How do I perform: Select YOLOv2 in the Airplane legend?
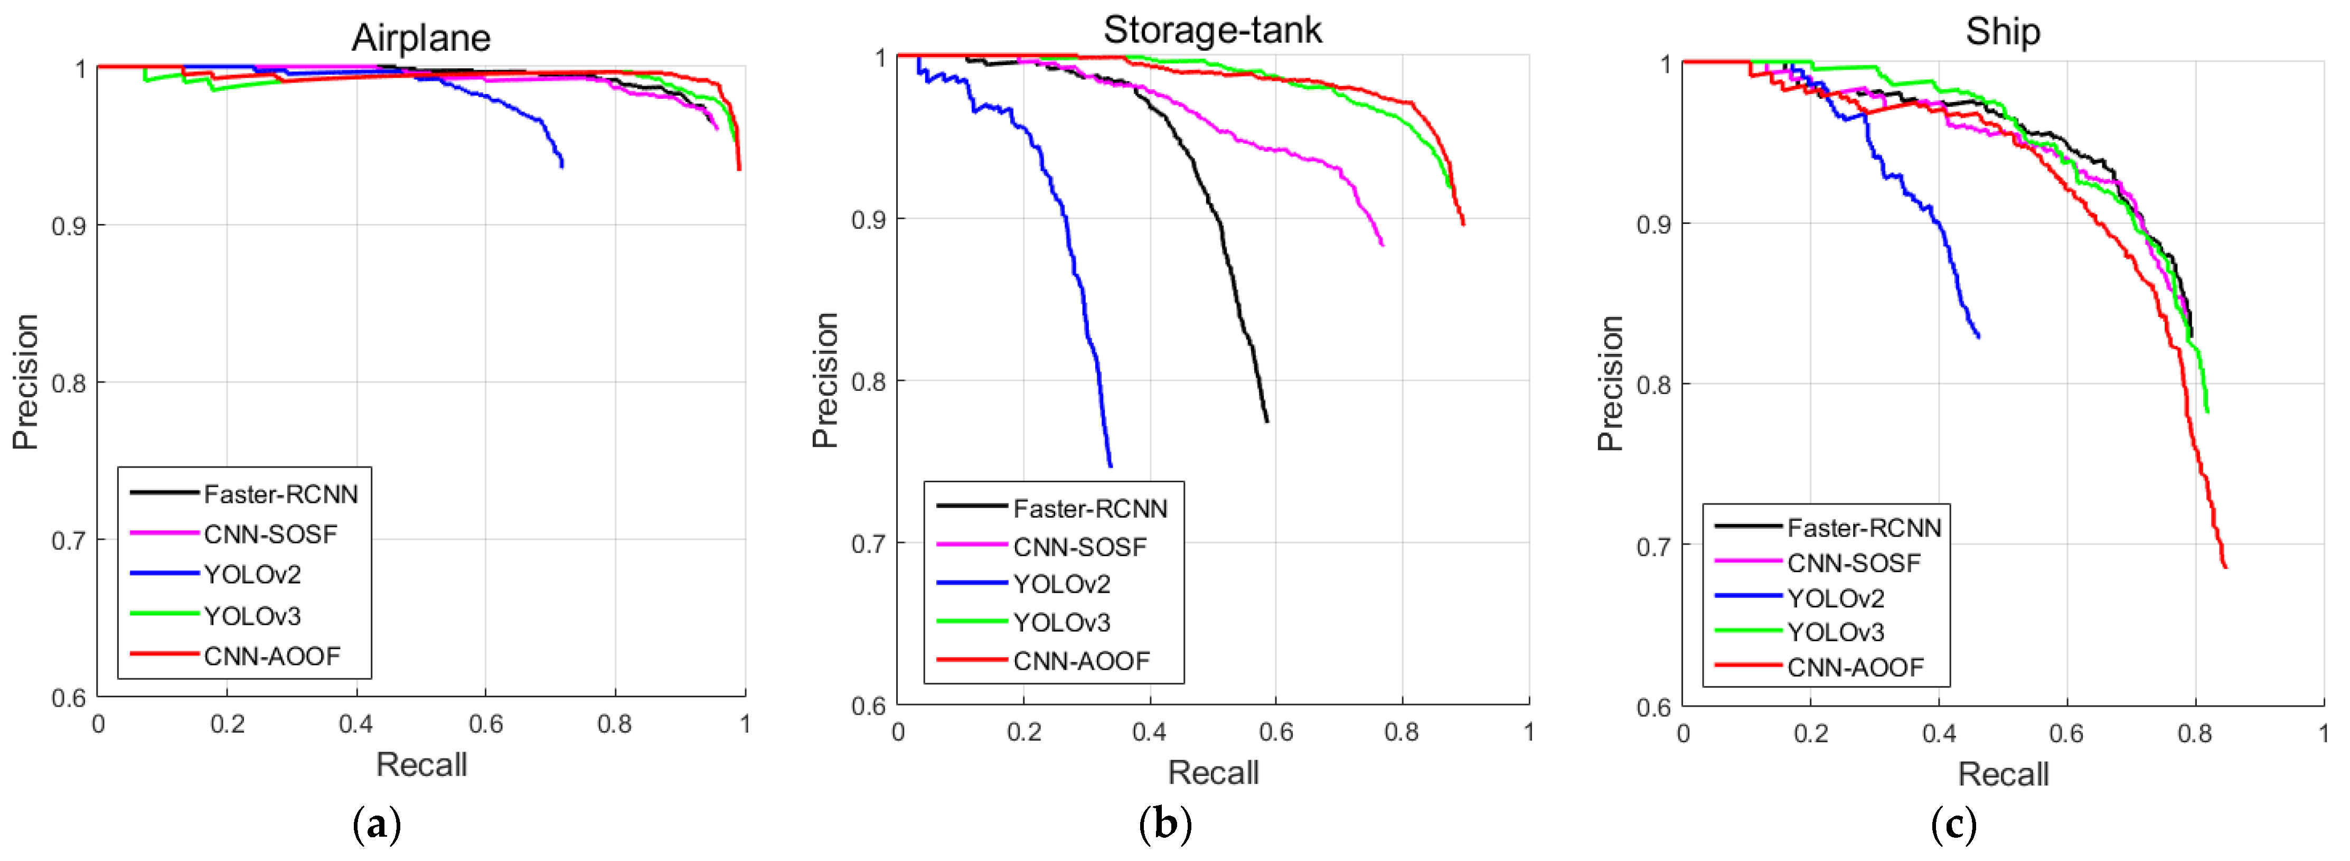[252, 575]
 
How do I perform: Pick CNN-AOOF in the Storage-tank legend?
[1081, 661]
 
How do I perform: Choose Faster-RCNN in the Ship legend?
[1864, 528]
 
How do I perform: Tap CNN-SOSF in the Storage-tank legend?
[1079, 547]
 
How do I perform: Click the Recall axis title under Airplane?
[421, 764]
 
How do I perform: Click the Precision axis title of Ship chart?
[1610, 383]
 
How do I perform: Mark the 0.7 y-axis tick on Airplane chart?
[69, 541]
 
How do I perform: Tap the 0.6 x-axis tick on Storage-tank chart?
[1275, 732]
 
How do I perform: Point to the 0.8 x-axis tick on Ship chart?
[2194, 733]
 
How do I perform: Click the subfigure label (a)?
[376, 826]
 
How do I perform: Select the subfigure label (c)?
[1953, 826]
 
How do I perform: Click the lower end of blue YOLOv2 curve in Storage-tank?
[1110, 466]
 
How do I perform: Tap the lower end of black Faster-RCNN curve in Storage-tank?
[1267, 420]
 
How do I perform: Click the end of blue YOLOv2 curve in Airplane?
[562, 166]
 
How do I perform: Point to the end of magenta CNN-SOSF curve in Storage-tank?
[1382, 245]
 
